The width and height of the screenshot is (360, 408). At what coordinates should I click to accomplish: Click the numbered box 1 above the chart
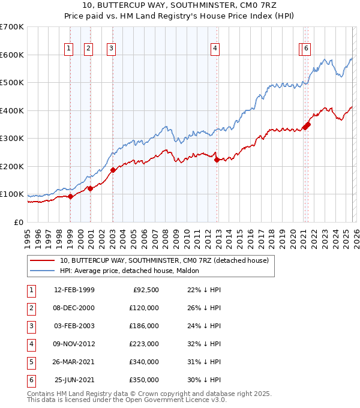click(x=69, y=49)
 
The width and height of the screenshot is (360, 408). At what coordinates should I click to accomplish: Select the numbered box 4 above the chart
click(x=215, y=49)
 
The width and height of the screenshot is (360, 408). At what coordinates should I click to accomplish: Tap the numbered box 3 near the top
click(x=112, y=49)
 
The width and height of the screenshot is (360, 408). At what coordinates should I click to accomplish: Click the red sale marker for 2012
click(x=217, y=159)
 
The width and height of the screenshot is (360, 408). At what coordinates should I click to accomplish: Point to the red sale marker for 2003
click(x=113, y=170)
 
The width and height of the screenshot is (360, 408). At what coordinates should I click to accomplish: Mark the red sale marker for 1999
click(x=71, y=196)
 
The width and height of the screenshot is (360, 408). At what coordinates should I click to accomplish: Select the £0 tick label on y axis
click(x=19, y=223)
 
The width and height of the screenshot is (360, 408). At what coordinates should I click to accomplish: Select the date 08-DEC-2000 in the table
click(x=74, y=308)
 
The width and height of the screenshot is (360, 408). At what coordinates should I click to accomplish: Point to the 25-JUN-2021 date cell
click(x=74, y=380)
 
